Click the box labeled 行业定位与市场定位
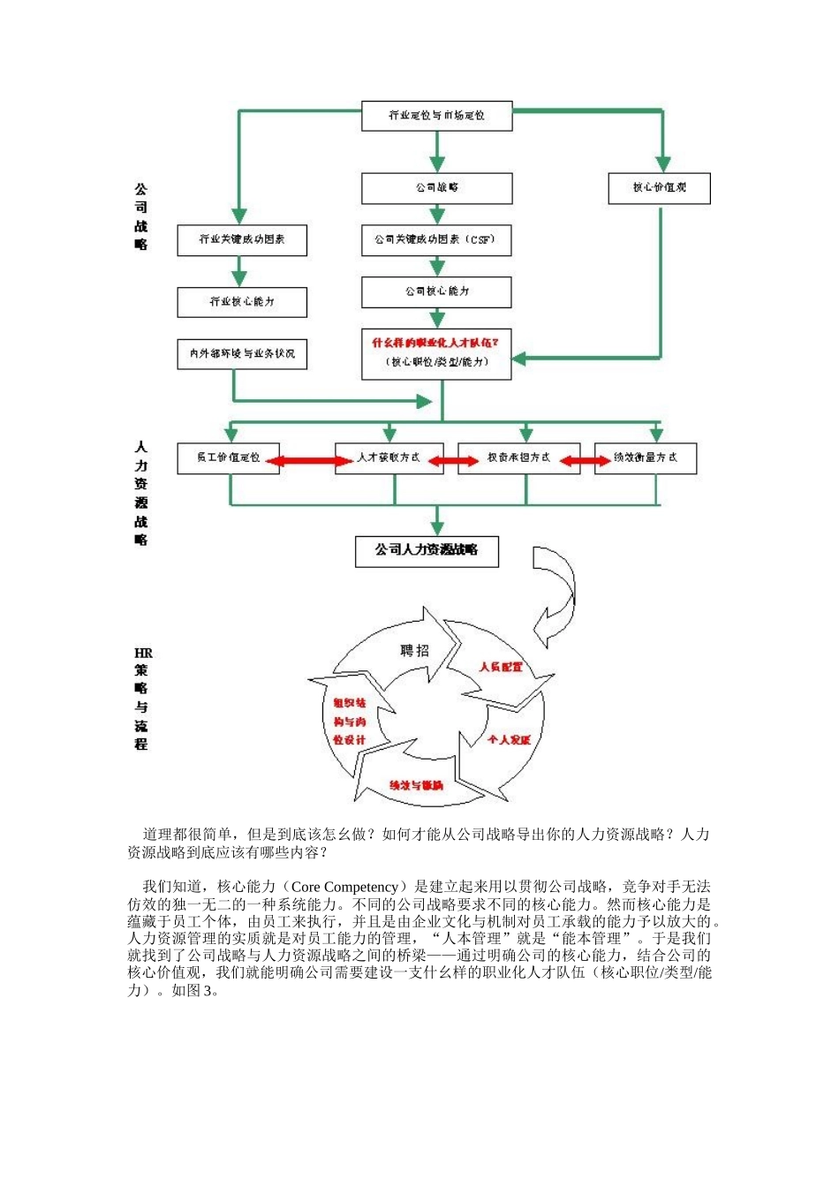pos(436,116)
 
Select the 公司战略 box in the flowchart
pos(436,188)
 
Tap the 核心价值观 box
pos(659,188)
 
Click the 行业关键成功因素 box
pos(242,240)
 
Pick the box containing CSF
pos(436,240)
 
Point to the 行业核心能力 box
pos(242,302)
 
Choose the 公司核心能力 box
pos(436,291)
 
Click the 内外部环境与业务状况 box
pos(242,354)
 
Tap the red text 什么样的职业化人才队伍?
pos(435,343)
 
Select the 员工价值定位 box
pos(228,458)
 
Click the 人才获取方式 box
pos(389,458)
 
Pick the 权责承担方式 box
pos(518,458)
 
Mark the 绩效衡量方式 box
pos(646,458)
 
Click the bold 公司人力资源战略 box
pos(427,550)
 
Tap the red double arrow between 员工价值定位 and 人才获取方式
pos(308,461)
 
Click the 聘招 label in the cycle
pos(414,651)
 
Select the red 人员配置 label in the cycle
pos(501,667)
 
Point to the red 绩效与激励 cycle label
pos(416,785)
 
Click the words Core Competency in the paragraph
pos(344,887)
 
